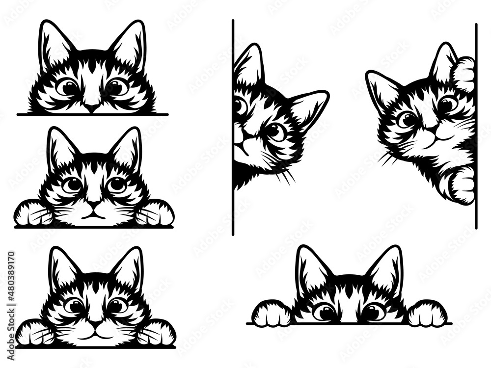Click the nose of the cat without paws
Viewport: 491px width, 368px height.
[x=91, y=107]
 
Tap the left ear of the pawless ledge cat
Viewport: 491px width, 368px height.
[x=55, y=42]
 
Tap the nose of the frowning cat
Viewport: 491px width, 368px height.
[x=94, y=203]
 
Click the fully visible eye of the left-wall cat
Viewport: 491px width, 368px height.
[x=276, y=131]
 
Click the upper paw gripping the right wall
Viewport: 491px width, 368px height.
[x=464, y=74]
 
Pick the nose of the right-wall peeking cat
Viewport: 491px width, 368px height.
[x=432, y=129]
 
